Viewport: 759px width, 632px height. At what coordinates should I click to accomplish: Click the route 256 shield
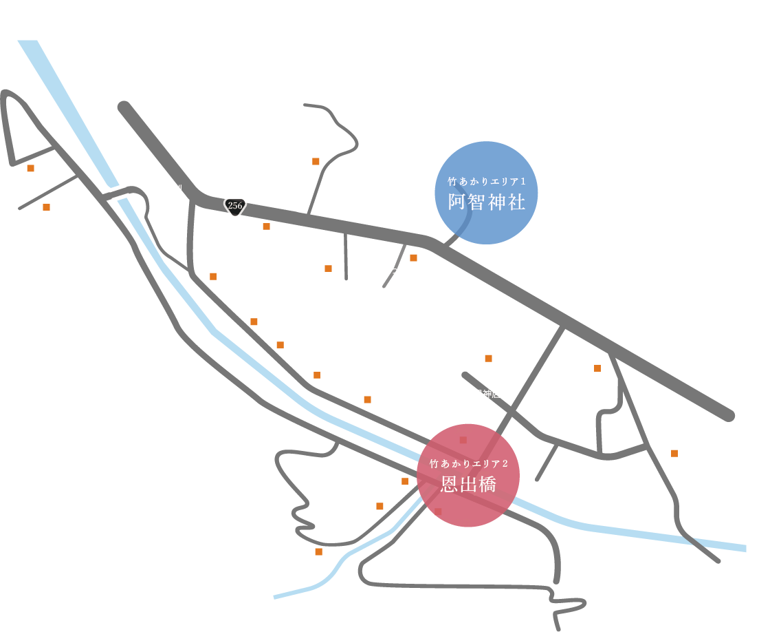[235, 206]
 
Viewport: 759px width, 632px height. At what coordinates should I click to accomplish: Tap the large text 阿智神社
[486, 202]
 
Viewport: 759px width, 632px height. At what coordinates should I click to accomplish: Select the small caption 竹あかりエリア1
[486, 182]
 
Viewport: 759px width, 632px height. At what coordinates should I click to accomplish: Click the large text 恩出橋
[468, 485]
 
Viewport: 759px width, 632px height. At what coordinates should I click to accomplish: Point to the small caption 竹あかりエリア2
[468, 464]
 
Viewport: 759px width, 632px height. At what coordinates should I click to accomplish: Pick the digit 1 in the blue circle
[523, 182]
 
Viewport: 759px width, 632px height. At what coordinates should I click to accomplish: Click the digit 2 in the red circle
[505, 464]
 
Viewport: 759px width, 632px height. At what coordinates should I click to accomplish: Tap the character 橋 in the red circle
[487, 485]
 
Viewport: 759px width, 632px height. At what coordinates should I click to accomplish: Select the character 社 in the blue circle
[516, 202]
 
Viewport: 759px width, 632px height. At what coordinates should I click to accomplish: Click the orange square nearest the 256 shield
[266, 227]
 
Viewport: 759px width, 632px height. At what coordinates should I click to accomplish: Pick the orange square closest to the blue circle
[413, 258]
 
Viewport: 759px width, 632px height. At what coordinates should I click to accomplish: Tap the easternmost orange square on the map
[674, 453]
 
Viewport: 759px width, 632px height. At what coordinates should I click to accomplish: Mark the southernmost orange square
[318, 551]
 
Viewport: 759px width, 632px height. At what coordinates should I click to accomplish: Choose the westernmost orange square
[30, 168]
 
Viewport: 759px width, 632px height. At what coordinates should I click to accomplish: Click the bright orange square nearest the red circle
[405, 481]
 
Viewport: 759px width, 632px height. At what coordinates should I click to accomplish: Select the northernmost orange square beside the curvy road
[316, 162]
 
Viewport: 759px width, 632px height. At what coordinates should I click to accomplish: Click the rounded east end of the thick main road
[729, 416]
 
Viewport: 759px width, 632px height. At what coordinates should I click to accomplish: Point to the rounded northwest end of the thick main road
[124, 107]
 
